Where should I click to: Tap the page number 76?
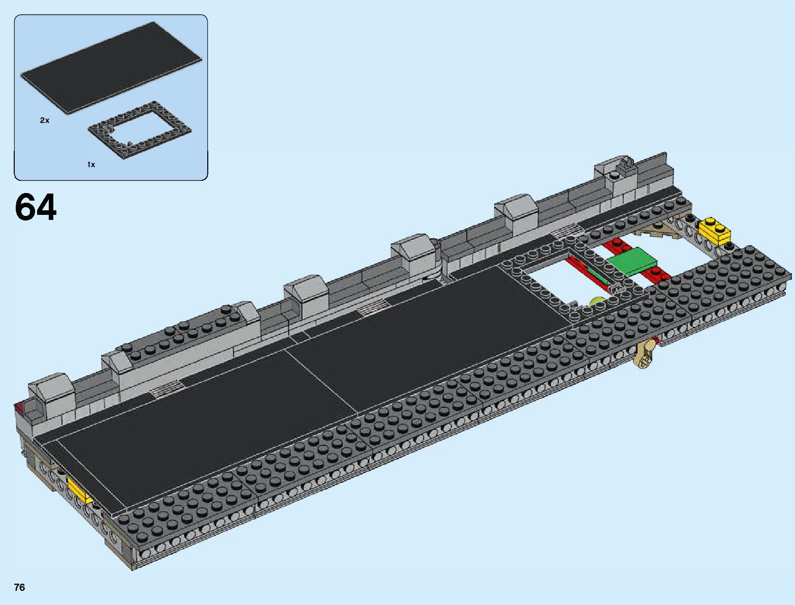coord(20,587)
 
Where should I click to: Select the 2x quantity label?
coord(45,120)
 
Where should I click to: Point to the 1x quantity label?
coord(91,165)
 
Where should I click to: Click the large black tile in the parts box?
coord(111,68)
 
